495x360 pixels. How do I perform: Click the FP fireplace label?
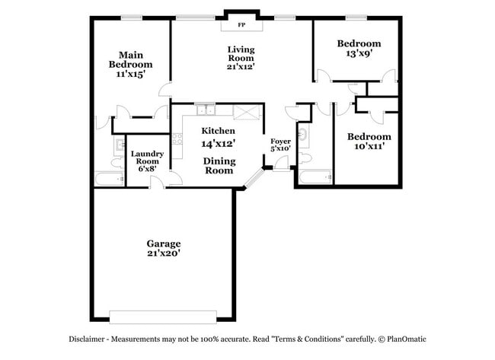coord(241,25)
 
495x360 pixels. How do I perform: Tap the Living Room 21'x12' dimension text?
coord(241,66)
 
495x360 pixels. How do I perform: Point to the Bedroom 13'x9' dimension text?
coord(359,54)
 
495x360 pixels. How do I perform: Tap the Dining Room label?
coord(219,166)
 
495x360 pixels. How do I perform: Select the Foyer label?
coord(280,141)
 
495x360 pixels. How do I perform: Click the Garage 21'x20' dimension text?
coord(164,253)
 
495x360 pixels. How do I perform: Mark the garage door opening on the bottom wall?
coord(164,316)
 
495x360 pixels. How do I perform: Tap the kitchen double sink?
coord(204,109)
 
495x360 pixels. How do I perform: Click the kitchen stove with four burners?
coord(177,139)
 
